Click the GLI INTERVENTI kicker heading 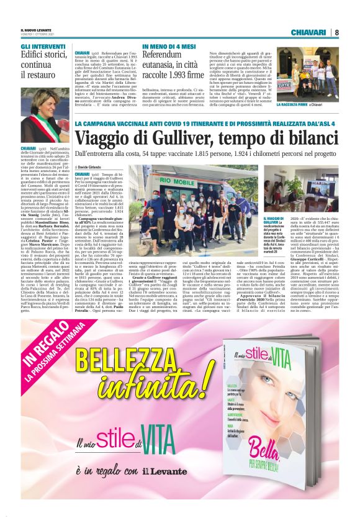point(42,47)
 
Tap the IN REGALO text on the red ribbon point(41,358)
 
